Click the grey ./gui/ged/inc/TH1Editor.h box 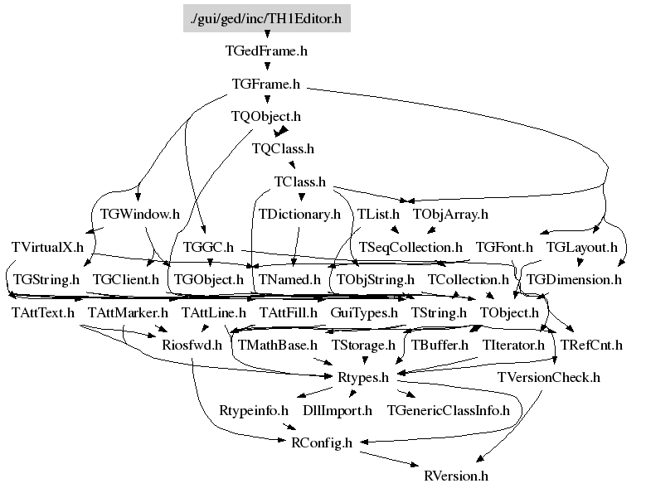(x=266, y=18)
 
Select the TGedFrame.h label (x=266, y=51)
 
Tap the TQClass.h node (x=283, y=148)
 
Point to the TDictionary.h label (x=299, y=215)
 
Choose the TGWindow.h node (x=140, y=215)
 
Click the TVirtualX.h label (x=47, y=247)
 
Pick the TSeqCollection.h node (x=410, y=247)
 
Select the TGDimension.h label (x=574, y=280)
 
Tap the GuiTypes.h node (x=364, y=313)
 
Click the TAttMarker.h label (x=128, y=312)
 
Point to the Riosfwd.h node (x=192, y=345)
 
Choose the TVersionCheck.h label (x=549, y=377)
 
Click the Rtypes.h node (x=363, y=378)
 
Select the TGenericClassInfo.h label (x=449, y=411)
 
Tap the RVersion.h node (x=456, y=476)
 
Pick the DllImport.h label (x=338, y=411)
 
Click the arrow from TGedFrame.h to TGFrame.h (x=267, y=65)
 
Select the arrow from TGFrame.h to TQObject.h (x=267, y=99)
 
